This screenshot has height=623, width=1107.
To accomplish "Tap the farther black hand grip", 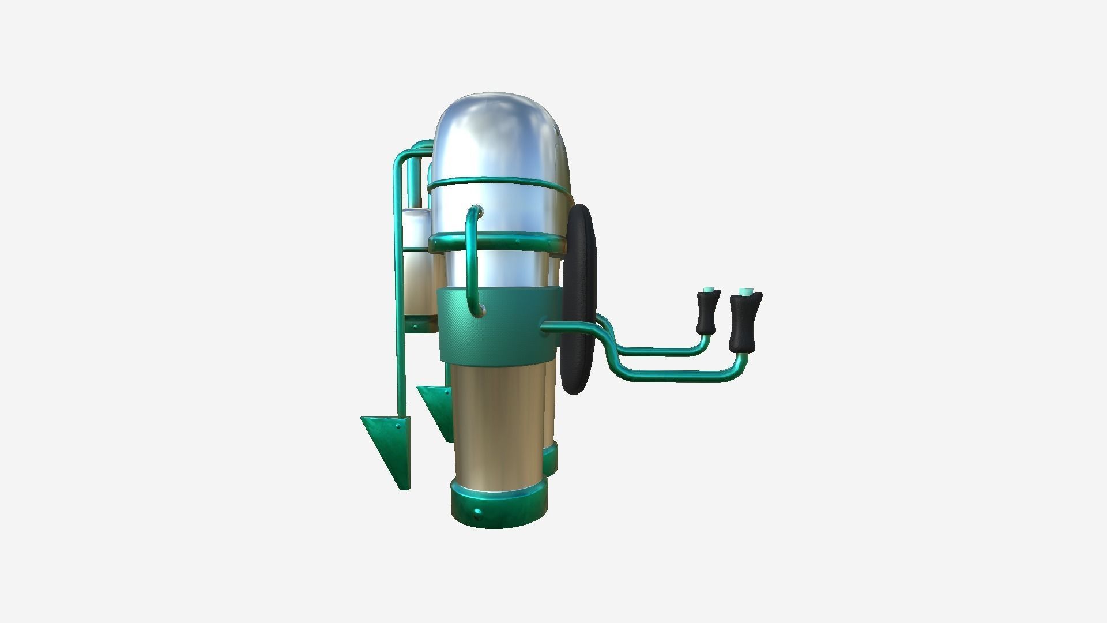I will tap(708, 313).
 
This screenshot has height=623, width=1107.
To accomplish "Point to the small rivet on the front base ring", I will tap(477, 513).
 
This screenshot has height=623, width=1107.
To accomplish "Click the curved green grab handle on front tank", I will tap(472, 260).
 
